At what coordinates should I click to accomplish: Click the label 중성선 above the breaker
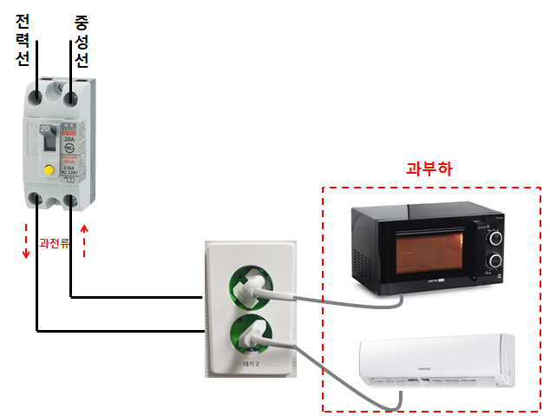coord(81,39)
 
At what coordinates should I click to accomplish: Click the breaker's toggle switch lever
coord(49,139)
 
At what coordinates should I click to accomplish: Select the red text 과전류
coord(55,232)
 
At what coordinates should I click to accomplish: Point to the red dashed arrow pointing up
coord(84,241)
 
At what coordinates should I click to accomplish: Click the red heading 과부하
coord(429,168)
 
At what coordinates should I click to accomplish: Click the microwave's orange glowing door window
coord(432,253)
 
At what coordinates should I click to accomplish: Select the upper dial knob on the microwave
coord(494,236)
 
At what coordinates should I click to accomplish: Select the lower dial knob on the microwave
coord(494,261)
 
